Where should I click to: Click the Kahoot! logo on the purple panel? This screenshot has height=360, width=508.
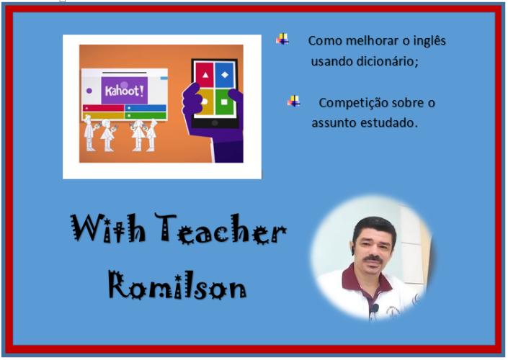click(x=125, y=90)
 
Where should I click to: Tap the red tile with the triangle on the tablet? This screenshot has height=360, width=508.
click(x=205, y=75)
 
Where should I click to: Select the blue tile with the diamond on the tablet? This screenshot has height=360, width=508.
click(x=225, y=75)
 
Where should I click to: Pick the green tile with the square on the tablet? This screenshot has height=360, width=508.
click(x=225, y=102)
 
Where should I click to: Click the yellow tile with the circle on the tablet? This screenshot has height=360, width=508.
click(x=205, y=102)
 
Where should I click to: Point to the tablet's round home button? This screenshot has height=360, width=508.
click(x=215, y=122)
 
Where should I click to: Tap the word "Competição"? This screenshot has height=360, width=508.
click(x=353, y=103)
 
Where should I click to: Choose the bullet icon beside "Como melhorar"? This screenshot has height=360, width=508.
click(x=282, y=39)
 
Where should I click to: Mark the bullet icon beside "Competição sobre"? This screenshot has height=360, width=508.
click(x=293, y=102)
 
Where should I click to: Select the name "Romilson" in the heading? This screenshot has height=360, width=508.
click(x=177, y=285)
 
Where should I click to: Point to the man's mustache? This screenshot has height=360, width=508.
click(x=373, y=258)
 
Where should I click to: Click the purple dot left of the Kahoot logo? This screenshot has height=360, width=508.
click(x=89, y=91)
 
